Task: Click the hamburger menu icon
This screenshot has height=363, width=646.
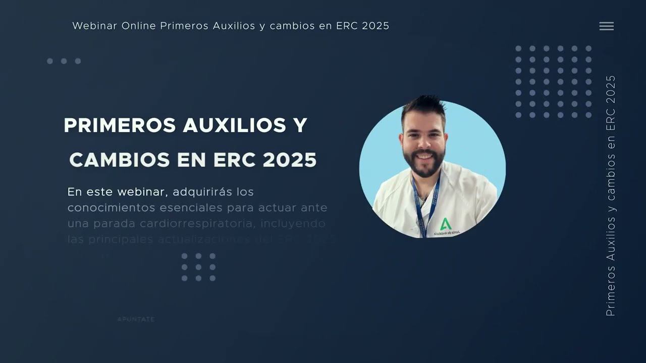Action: (x=606, y=26)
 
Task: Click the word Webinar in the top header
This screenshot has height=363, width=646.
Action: (x=95, y=26)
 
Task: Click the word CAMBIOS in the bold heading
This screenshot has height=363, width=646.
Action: (x=120, y=160)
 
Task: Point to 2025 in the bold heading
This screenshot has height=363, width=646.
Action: (x=290, y=160)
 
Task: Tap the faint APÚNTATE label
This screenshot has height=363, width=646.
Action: (x=136, y=319)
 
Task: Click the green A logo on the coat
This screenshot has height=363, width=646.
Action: (x=444, y=224)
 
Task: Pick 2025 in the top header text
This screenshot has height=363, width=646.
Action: (x=375, y=26)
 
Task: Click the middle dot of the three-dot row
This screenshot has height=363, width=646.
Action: (x=64, y=61)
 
